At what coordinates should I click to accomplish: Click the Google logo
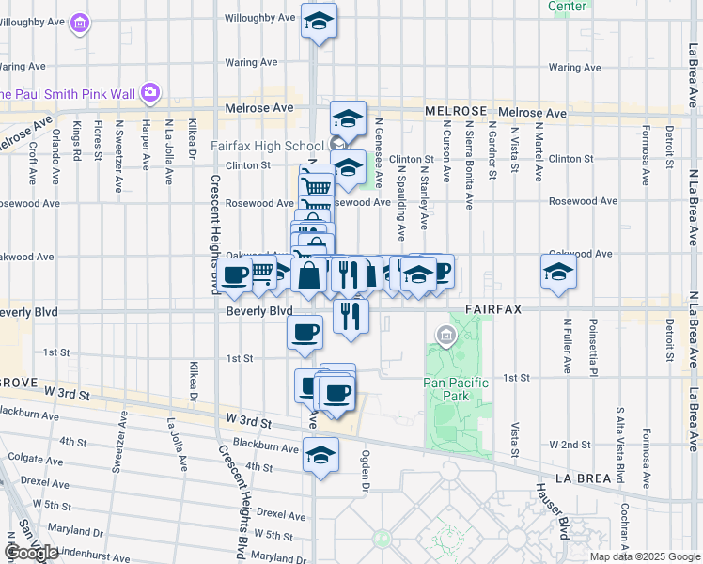(x=32, y=553)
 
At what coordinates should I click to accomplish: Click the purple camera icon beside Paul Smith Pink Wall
(x=150, y=93)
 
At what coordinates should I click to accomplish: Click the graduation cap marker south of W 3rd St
(x=320, y=455)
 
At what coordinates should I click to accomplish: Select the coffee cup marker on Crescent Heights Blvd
(x=235, y=274)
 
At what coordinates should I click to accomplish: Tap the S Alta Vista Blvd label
(x=620, y=446)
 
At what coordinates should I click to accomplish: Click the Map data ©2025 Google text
(x=644, y=556)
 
